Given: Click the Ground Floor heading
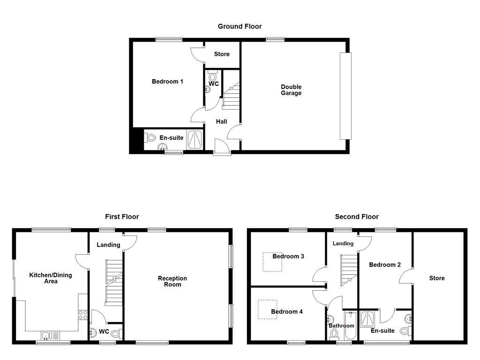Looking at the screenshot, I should (240, 26).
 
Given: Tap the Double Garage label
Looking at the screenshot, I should (291, 90).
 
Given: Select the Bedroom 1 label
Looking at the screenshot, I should (167, 82).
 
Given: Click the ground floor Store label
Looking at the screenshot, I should (222, 54).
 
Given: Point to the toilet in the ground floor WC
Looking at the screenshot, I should (213, 76).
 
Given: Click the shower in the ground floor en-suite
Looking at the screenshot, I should (195, 139).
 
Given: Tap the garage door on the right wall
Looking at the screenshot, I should (345, 96).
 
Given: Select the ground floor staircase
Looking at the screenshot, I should (231, 97).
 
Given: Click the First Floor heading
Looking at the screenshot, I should (122, 217).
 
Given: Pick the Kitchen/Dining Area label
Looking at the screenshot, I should (51, 278).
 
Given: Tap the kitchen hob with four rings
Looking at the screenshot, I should (83, 315).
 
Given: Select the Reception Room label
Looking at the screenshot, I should (172, 281).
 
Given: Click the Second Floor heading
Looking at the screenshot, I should (357, 217).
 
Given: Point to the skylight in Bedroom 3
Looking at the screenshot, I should (272, 262).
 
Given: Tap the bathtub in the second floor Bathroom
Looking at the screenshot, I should (350, 325).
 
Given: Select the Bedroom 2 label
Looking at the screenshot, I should (385, 265).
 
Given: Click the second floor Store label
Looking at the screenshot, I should (437, 278).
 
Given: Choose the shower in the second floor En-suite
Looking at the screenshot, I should (367, 319).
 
